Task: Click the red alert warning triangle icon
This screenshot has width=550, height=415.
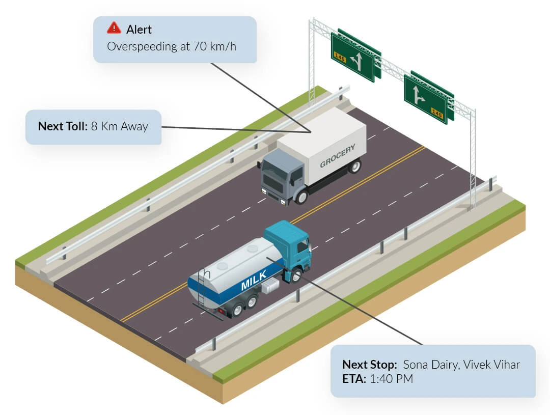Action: (x=114, y=28)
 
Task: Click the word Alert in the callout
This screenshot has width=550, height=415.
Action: (x=139, y=29)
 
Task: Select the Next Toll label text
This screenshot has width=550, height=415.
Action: (x=63, y=126)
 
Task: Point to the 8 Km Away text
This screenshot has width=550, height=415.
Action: (x=120, y=126)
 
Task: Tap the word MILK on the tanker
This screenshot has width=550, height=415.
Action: (x=254, y=283)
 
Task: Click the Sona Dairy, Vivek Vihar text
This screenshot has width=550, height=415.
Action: (x=462, y=365)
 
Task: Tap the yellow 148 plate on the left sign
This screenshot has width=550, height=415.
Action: (x=339, y=58)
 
